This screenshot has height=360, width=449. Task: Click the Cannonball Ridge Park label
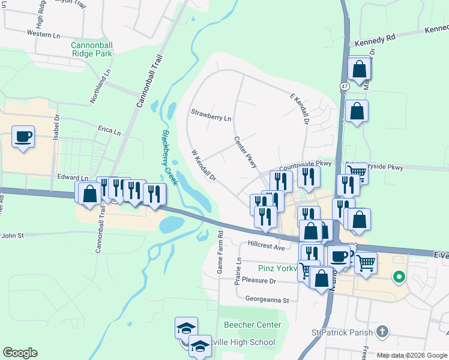click(92, 49)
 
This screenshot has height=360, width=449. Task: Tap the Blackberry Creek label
click(170, 157)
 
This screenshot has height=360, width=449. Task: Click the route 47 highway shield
click(344, 86)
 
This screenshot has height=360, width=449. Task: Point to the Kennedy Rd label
click(375, 41)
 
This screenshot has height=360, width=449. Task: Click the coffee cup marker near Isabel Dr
click(23, 137)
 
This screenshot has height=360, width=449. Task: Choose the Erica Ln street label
click(109, 129)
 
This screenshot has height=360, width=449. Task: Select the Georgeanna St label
click(267, 299)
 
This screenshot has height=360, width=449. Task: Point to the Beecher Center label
click(252, 325)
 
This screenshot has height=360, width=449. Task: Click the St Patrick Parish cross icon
click(382, 331)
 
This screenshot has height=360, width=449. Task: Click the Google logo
click(19, 353)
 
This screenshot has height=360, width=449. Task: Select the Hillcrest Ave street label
click(266, 246)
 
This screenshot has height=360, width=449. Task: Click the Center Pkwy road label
click(246, 151)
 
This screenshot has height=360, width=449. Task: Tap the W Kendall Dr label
click(203, 166)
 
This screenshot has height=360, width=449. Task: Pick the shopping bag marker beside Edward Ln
click(89, 193)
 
